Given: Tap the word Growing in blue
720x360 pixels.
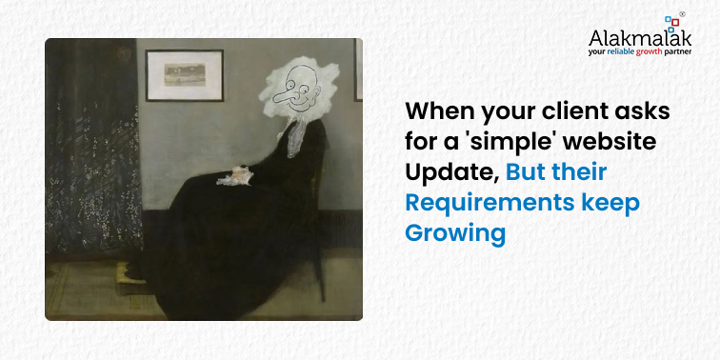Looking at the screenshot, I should [455, 232].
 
